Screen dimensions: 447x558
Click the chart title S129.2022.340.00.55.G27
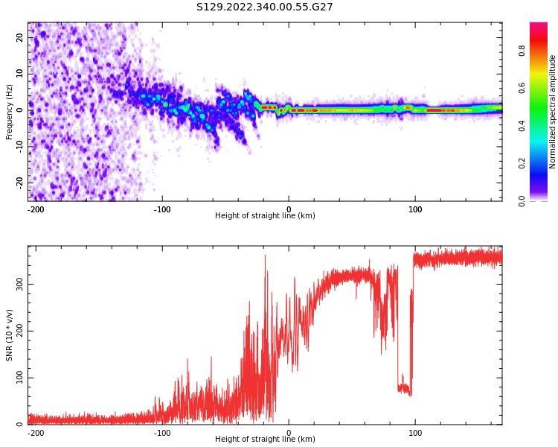pos(264,7)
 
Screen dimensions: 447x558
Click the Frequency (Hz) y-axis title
pos(10,112)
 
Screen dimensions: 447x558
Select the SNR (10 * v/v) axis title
pos(10,335)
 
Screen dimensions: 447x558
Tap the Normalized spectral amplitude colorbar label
pos(553,112)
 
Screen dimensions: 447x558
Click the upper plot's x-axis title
pos(265,216)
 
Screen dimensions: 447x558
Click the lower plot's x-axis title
pos(265,440)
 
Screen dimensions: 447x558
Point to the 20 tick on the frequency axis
pos(20,37)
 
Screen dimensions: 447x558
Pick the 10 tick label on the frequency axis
pos(20,74)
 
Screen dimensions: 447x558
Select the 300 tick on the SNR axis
pos(16,284)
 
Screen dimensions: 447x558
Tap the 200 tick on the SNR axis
pos(16,331)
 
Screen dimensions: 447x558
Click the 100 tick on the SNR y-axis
pos(16,378)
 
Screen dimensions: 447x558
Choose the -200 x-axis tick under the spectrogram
pos(36,208)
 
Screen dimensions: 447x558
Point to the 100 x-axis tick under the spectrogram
pos(415,208)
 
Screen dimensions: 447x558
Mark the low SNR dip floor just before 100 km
pos(404,387)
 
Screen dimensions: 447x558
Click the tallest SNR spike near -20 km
pos(265,256)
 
